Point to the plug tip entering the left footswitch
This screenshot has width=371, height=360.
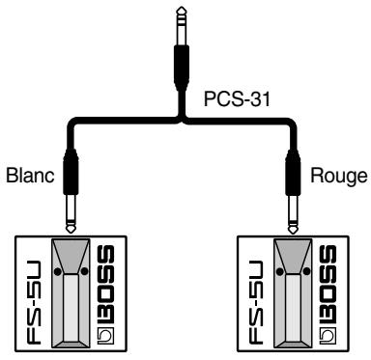71,222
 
